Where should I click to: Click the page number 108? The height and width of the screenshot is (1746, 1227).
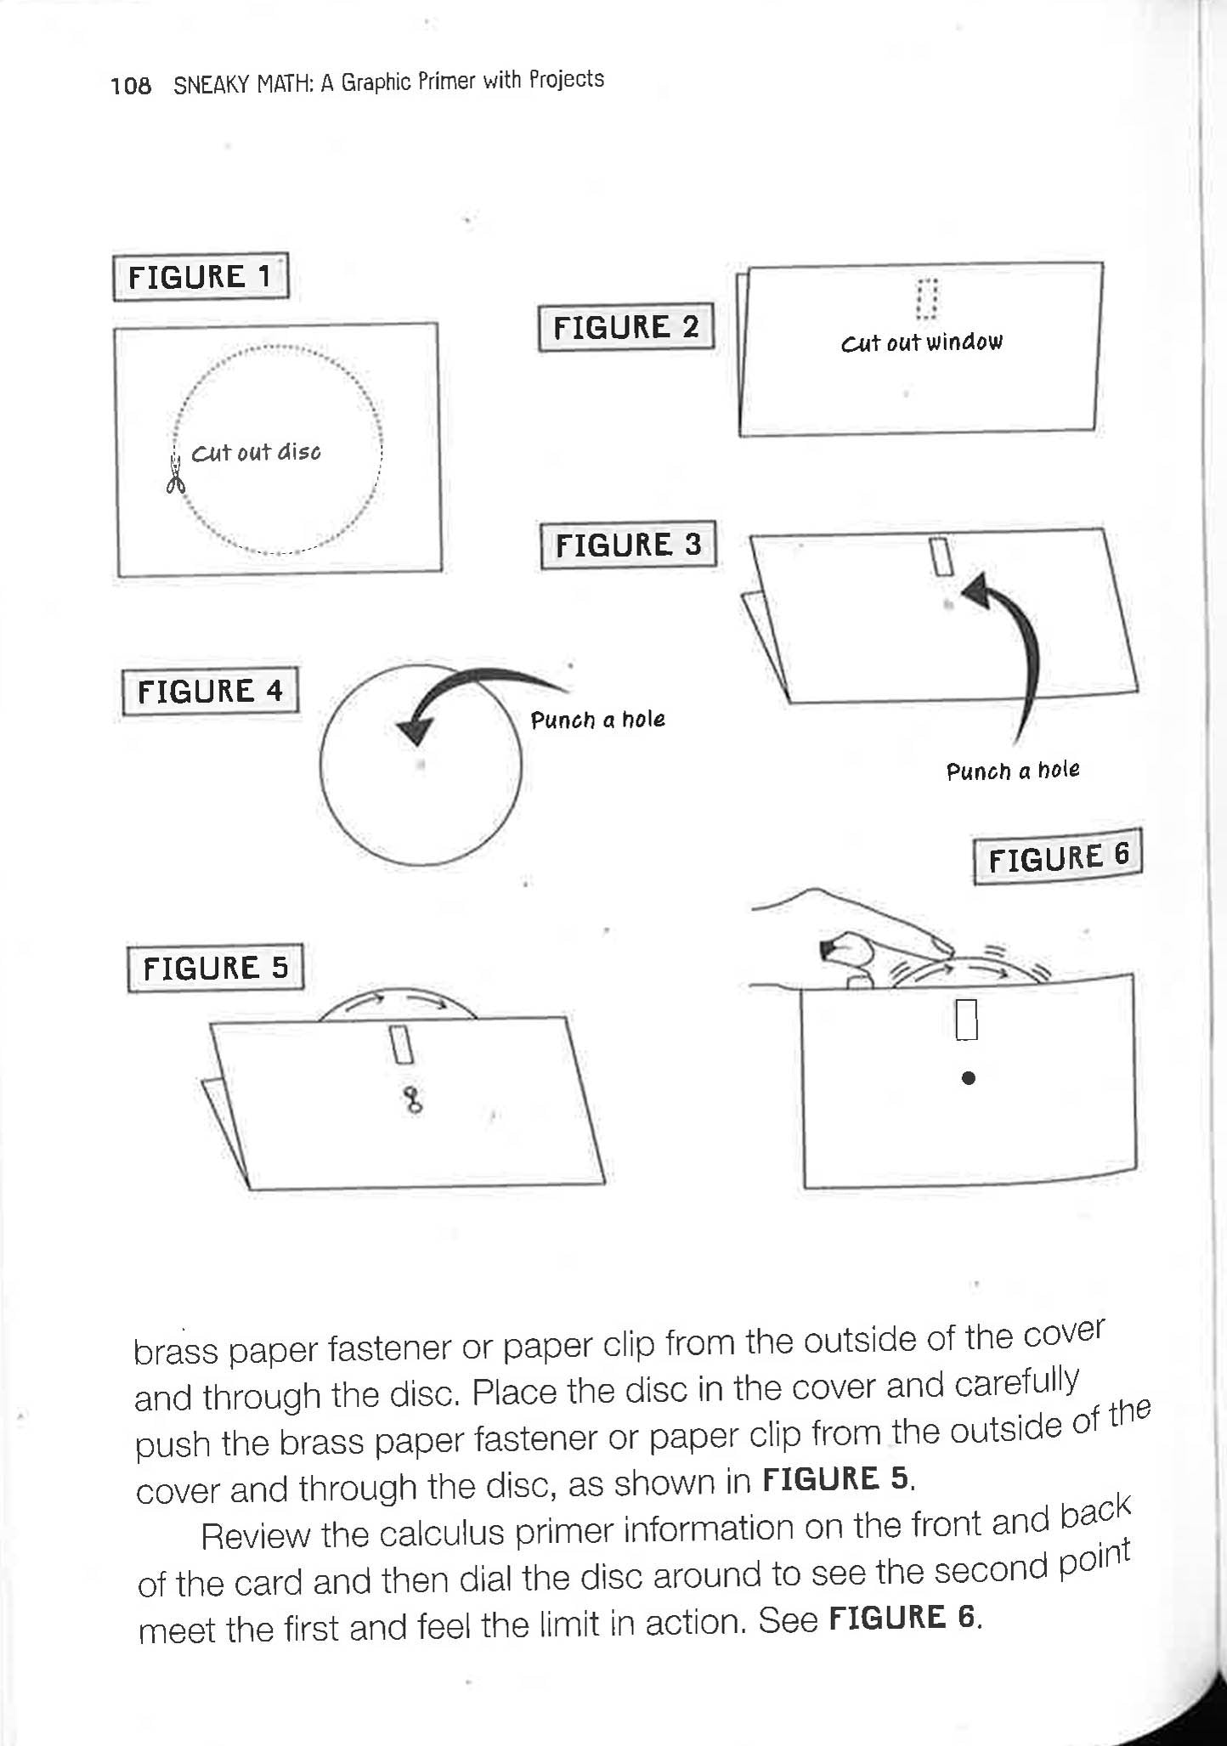[131, 86]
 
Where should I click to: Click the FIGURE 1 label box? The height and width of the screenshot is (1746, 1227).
[201, 277]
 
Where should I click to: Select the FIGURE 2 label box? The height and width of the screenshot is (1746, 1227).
[626, 327]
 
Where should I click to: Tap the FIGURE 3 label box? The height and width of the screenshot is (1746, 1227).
[628, 545]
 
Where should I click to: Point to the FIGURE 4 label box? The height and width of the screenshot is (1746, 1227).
[210, 692]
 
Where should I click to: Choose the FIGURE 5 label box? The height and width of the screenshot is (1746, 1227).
[215, 969]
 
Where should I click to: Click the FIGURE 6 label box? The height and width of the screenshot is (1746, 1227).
[1058, 857]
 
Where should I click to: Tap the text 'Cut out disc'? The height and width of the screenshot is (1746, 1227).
[256, 453]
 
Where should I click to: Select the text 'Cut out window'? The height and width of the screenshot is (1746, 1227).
[921, 343]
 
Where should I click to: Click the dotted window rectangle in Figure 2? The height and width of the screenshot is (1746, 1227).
[926, 298]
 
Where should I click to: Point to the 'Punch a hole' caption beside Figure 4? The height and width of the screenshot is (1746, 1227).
[597, 720]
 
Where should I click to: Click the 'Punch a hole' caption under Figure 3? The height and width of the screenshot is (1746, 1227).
[1012, 771]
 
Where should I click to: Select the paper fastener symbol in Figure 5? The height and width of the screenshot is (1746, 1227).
[413, 1099]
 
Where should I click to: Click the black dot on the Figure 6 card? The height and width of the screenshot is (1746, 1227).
[968, 1078]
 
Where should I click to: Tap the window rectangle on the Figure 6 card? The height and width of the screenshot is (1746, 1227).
[967, 1020]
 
